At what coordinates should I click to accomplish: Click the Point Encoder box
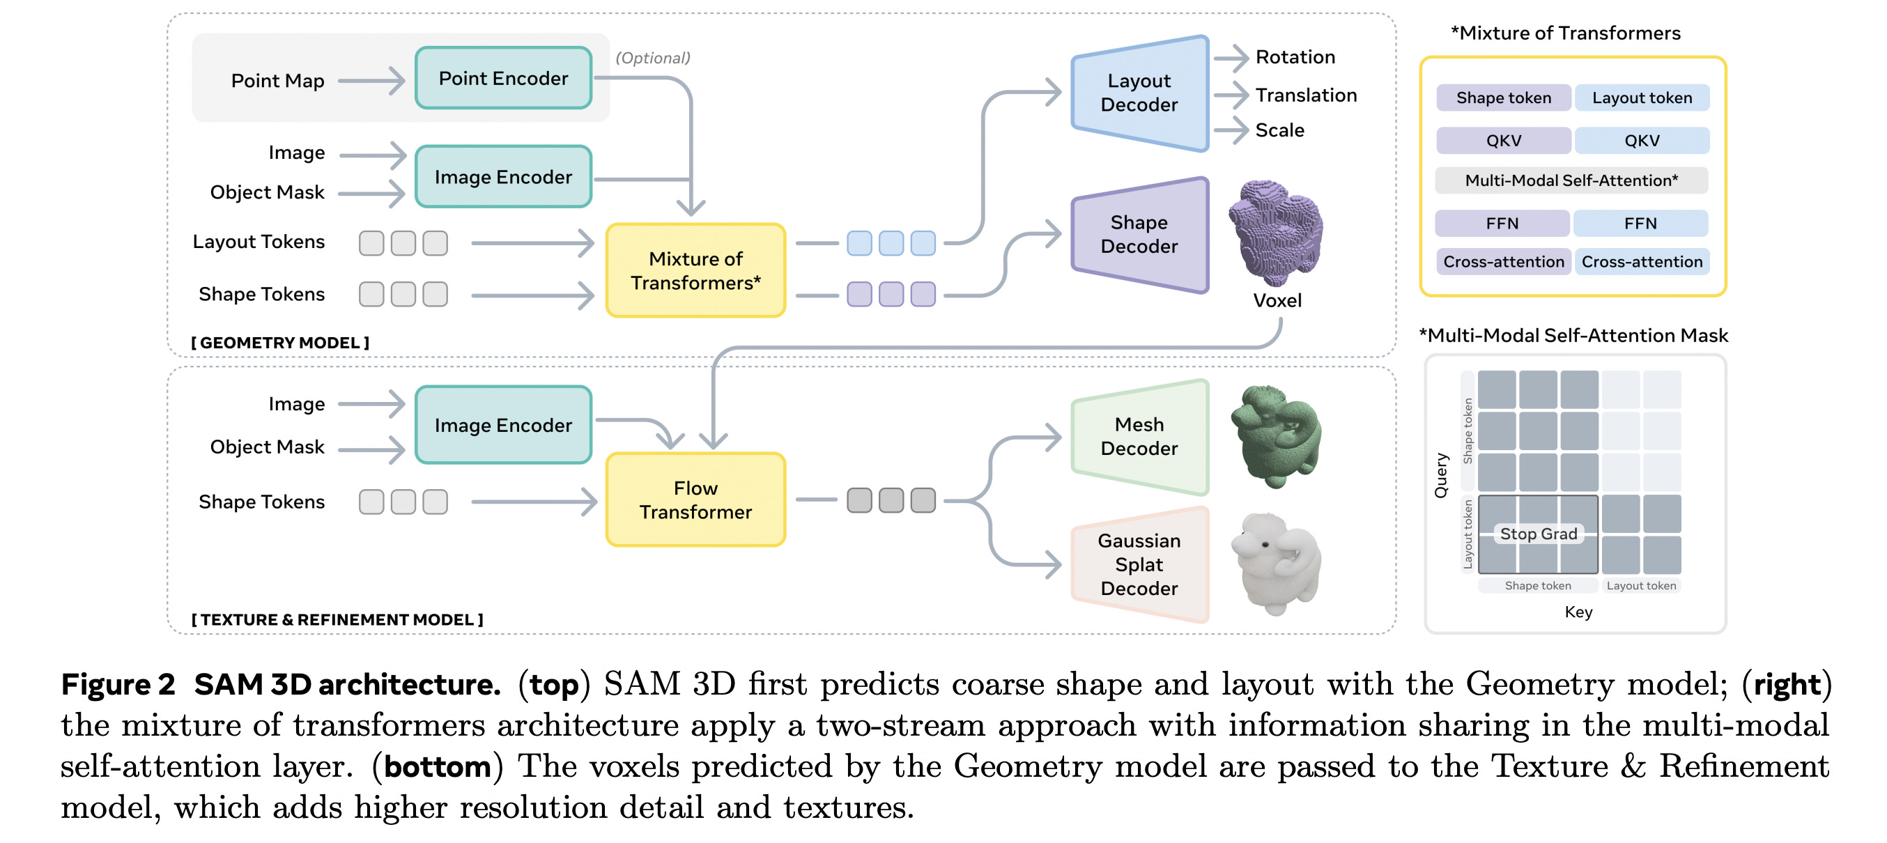coord(503,78)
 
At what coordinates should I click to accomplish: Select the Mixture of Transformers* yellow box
coord(695,270)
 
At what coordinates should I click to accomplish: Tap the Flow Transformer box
coord(695,500)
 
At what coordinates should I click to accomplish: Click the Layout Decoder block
coord(1139,93)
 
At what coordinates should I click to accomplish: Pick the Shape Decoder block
coord(1139,234)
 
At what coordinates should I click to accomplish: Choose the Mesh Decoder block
coord(1139,437)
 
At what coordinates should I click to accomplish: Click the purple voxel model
coord(1276,232)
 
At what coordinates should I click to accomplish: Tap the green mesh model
coord(1276,437)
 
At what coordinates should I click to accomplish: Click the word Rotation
coord(1295,57)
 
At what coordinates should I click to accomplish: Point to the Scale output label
coord(1280,130)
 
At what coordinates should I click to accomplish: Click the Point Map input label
coord(277,81)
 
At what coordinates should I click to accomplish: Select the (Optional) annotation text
coord(653,58)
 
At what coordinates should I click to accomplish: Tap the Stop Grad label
coord(1539,534)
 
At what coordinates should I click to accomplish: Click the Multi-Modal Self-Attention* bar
coord(1571,180)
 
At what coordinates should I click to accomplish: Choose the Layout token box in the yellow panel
coord(1642,98)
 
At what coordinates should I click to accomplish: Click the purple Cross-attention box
coord(1503,261)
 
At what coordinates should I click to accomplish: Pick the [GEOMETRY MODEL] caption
coord(281,342)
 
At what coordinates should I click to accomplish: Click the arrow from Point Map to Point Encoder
coord(371,81)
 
